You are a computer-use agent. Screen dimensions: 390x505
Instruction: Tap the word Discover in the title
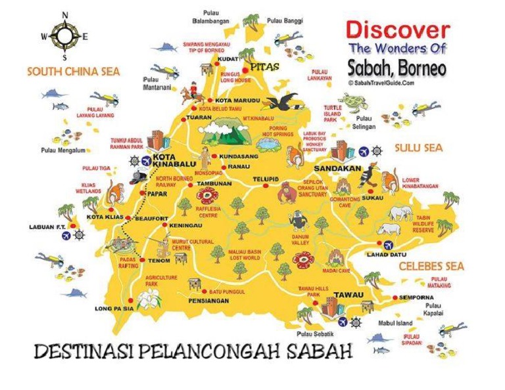398,30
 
